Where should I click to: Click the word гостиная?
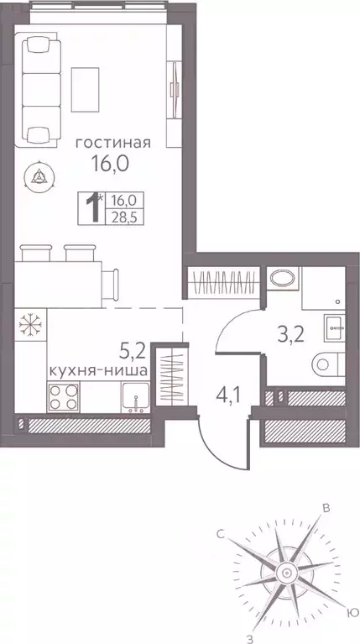(x=112, y=143)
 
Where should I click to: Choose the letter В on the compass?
(x=328, y=506)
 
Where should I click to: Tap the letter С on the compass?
(x=221, y=533)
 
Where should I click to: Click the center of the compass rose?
(x=287, y=573)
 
